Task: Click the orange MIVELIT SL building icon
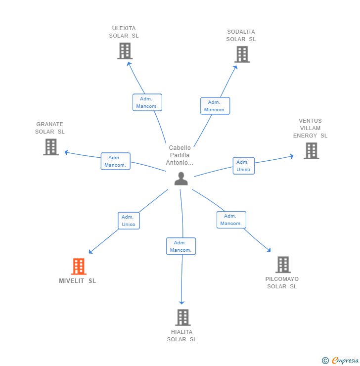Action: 79,266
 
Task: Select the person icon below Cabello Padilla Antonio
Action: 181,179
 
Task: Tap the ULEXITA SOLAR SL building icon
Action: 125,51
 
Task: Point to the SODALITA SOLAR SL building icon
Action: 242,54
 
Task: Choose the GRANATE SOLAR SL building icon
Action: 51,147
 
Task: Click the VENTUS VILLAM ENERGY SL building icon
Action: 312,151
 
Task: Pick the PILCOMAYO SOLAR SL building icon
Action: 283,265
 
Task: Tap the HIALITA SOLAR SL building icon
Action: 183,318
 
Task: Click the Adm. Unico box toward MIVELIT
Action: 129,221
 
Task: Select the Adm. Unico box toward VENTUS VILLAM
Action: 244,166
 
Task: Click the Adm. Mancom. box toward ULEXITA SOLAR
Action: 147,102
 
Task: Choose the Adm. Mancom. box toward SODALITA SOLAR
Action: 215,106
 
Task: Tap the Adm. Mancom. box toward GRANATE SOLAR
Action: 116,161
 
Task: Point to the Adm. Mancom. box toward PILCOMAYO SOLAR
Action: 231,220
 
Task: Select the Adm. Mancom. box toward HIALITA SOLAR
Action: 181,246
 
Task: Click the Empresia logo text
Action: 345,360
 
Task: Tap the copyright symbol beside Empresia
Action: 325,361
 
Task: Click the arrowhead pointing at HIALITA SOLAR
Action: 182,303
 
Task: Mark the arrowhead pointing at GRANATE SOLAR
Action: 66,152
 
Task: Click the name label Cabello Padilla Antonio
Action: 180,155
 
